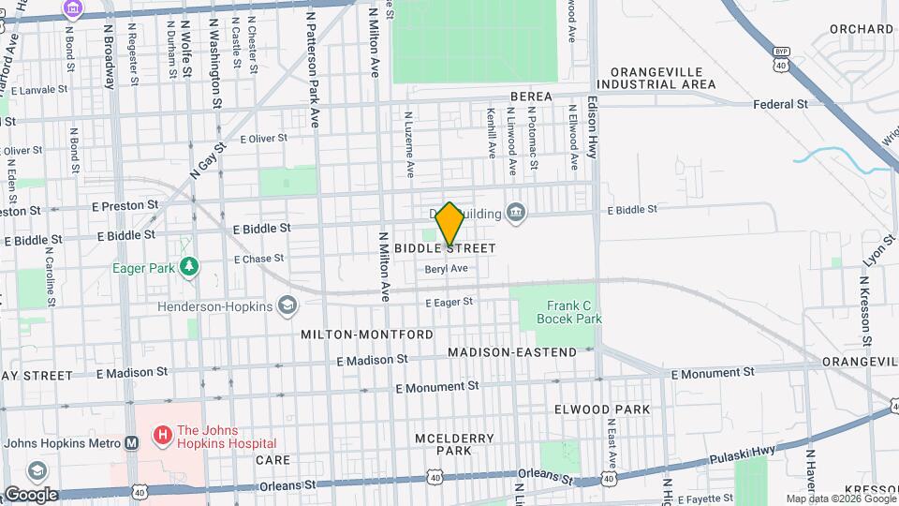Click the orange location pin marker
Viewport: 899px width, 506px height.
pos(449,224)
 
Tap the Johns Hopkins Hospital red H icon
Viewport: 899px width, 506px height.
pos(162,435)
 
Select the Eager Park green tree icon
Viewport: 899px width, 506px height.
pos(189,267)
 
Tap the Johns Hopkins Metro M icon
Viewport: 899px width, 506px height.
pos(132,443)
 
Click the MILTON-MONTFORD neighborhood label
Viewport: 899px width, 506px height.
pos(367,335)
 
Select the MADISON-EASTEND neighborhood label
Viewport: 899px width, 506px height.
pos(512,352)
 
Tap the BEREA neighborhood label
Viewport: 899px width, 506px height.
pos(530,97)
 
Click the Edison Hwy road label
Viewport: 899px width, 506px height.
pos(593,126)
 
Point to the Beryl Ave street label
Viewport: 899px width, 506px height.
pos(447,269)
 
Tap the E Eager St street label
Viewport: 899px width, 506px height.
pos(449,302)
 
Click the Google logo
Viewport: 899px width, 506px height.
pos(31,495)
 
